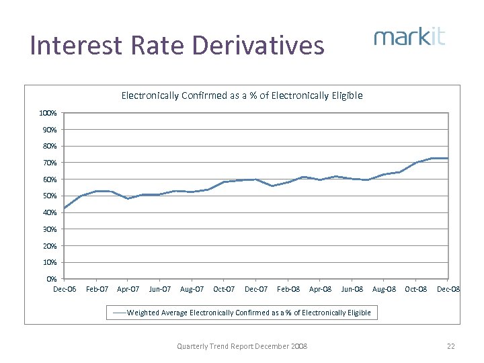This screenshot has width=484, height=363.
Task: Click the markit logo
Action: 409,36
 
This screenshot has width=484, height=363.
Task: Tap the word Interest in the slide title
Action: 74,46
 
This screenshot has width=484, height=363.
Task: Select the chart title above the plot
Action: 242,95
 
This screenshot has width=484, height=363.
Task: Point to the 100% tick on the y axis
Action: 48,113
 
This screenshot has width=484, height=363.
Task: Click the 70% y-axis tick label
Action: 48,163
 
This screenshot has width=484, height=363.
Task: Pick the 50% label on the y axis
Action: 48,196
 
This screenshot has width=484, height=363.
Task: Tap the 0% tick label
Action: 51,279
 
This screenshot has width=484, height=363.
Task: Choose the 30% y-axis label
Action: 48,229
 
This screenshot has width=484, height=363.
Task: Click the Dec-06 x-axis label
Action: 65,290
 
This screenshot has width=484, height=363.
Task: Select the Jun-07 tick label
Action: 160,290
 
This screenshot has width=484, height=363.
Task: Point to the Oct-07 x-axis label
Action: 224,290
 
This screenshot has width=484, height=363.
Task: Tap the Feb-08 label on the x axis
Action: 288,290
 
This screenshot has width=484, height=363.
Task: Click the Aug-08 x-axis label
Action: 384,290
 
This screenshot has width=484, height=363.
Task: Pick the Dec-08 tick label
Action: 448,290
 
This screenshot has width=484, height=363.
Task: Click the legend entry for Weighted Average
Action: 242,313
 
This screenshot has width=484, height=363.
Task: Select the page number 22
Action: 451,346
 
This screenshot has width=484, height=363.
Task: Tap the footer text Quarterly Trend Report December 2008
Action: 242,346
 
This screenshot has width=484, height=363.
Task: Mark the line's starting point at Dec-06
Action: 65,208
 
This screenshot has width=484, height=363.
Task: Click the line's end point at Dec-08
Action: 448,158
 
